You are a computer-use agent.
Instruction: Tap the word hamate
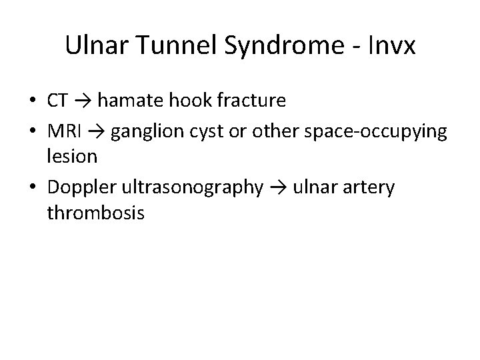[x=129, y=101]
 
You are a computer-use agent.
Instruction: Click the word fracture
[x=249, y=101]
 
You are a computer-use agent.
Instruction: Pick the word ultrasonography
[x=191, y=187]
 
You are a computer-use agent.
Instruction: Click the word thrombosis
[x=95, y=215]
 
